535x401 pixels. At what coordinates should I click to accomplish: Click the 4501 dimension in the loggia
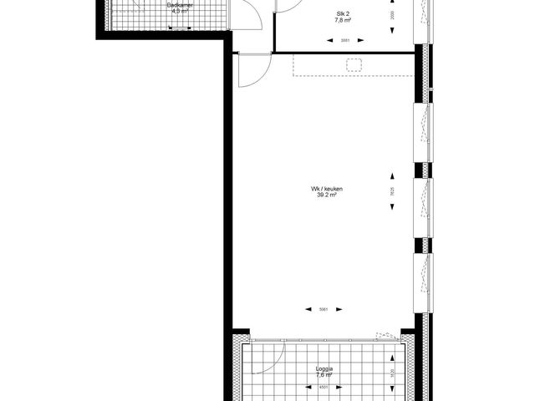coord(324,387)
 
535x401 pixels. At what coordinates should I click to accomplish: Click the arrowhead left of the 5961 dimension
coord(307,310)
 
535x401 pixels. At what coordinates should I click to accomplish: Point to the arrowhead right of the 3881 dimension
coord(364,41)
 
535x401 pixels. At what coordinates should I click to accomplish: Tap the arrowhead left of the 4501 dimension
coord(308,387)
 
